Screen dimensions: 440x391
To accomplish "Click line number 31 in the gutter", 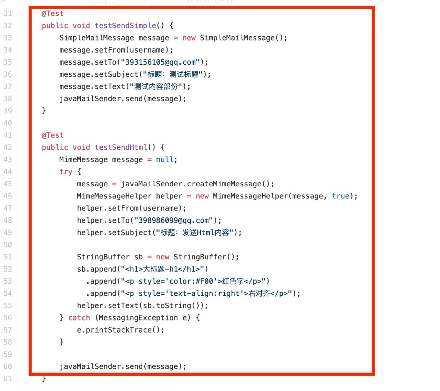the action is (8, 14).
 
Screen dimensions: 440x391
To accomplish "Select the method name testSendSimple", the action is (125, 26).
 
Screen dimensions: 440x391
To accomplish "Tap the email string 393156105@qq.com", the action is (160, 62).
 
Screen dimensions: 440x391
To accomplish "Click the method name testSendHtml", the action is (121, 147).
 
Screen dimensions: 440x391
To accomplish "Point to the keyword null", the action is (164, 159).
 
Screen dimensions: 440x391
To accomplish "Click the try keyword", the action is (66, 172).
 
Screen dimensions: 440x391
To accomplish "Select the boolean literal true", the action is (340, 196).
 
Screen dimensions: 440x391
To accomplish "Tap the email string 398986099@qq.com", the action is (174, 220).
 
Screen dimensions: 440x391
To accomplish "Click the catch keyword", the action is (79, 317).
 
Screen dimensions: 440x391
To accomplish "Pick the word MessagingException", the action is (138, 317).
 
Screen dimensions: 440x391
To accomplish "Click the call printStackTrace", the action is (119, 330).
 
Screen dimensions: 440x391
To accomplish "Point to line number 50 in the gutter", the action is (8, 245).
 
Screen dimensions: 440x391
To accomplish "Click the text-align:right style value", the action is (204, 293).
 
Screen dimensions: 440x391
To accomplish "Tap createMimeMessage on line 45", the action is (224, 184).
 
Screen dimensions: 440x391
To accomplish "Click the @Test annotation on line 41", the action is (53, 135).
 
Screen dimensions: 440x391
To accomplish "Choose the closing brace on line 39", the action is (44, 110).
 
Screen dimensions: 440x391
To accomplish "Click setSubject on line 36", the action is (116, 74).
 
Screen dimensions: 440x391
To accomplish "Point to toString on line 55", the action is (174, 305).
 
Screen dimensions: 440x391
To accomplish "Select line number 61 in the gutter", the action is (8, 378).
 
